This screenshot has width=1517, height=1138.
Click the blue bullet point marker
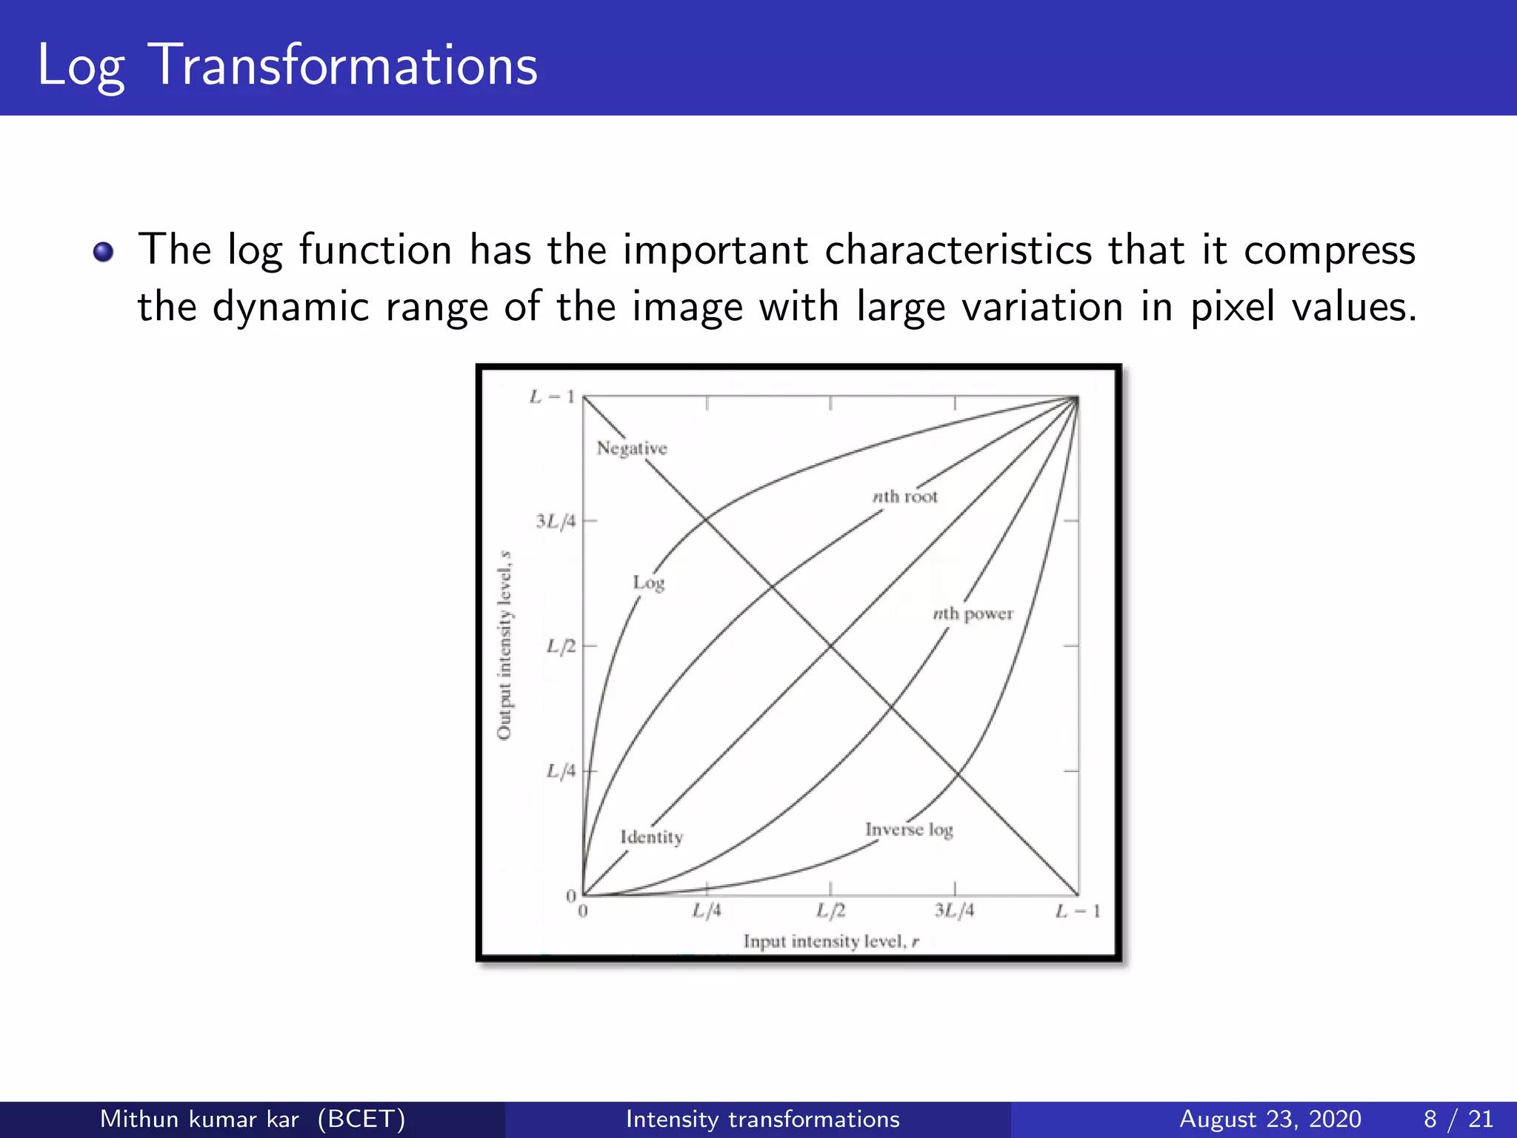[104, 253]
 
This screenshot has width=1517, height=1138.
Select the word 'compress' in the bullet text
[1329, 250]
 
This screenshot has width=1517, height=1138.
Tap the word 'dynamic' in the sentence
[290, 307]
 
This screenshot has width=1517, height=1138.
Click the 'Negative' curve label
[632, 448]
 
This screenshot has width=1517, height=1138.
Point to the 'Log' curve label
[649, 583]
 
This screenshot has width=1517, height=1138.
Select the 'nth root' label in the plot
[904, 496]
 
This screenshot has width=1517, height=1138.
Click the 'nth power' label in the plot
[973, 613]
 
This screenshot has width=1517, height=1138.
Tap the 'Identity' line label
[652, 837]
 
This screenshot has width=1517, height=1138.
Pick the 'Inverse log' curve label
[909, 830]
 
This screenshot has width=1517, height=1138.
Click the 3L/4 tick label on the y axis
[556, 522]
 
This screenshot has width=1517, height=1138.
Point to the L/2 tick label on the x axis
[830, 911]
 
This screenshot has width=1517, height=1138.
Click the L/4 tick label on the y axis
[561, 771]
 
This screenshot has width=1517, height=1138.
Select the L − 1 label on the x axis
[1078, 911]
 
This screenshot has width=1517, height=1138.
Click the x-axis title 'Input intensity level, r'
[831, 942]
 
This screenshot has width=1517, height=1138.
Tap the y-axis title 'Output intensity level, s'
[504, 645]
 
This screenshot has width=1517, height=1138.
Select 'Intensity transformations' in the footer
[762, 1119]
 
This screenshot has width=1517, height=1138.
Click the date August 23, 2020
[1270, 1119]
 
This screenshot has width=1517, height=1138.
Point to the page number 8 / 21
[1458, 1119]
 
